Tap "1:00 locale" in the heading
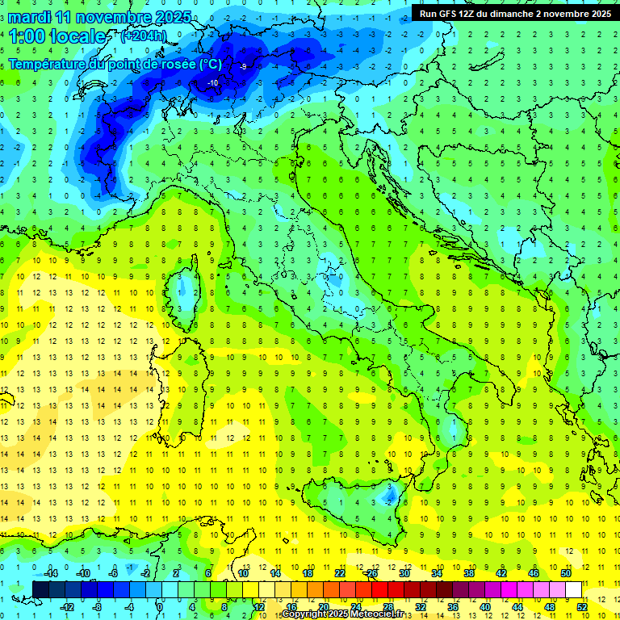click(x=57, y=36)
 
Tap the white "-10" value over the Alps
click(x=212, y=83)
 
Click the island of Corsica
click(x=186, y=286)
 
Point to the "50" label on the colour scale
click(x=566, y=573)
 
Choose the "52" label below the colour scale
click(x=582, y=606)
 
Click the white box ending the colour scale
click(x=573, y=589)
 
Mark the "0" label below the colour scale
click(x=159, y=606)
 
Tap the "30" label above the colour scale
click(x=404, y=573)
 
